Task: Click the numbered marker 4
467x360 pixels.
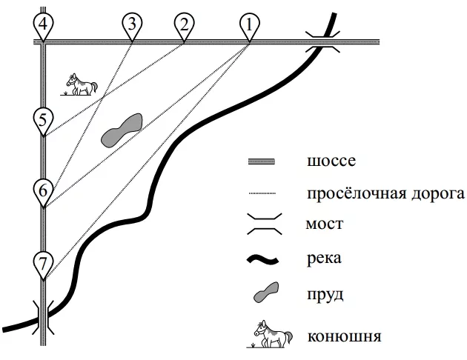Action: coord(43,26)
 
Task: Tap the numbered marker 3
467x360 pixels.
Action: coord(132,26)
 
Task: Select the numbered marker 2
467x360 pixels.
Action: coord(185,26)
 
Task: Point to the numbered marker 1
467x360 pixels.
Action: coord(250,26)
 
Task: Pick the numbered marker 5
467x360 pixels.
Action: coord(43,121)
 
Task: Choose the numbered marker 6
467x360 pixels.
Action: coord(43,192)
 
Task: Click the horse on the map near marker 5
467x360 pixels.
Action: coord(79,84)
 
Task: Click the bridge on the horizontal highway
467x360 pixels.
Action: coord(322,42)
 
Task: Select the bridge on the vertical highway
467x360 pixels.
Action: coord(43,318)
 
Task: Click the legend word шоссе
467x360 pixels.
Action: coord(331,161)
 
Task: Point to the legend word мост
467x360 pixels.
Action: coord(325,224)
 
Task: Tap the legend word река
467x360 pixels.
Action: coord(324,259)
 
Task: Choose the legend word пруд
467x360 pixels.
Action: coord(325,295)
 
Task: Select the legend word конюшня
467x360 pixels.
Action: coord(344,336)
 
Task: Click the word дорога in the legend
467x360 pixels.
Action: coord(438,195)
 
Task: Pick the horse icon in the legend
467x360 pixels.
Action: coord(270,334)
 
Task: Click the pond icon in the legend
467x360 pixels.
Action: coord(266,292)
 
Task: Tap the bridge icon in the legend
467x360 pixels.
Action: coord(265,224)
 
